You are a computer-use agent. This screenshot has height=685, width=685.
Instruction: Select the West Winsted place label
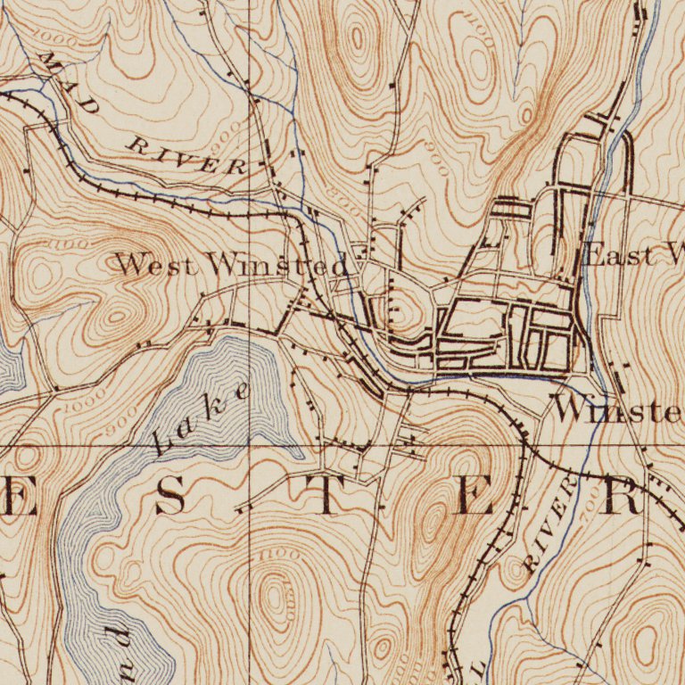tap(231, 264)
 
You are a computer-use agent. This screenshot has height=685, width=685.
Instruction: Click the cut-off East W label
tap(632, 256)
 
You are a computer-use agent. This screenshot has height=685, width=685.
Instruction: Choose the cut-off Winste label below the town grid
tap(617, 409)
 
